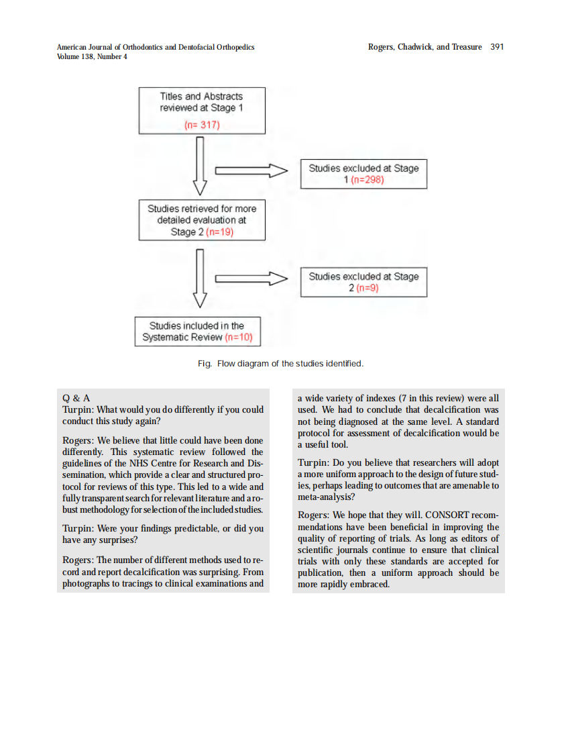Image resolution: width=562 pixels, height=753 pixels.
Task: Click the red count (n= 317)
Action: pos(202,125)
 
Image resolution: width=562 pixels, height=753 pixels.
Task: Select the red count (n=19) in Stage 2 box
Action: pos(220,232)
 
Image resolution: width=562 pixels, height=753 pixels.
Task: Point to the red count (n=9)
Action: pos(368,288)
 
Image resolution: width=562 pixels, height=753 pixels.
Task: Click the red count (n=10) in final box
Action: pos(239,338)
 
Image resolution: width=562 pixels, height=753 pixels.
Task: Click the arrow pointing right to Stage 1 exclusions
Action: pos(251,171)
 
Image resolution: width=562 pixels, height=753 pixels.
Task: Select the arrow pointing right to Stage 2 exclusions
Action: pos(251,279)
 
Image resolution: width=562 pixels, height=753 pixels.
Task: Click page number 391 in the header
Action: pos(497,47)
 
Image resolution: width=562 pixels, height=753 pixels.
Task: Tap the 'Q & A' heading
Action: pos(76,398)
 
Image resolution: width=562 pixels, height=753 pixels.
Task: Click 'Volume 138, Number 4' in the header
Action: pos(92,57)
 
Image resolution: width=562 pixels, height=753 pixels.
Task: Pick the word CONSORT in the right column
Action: pos(449,515)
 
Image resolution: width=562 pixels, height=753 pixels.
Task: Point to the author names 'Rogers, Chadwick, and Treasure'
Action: pos(425,47)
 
